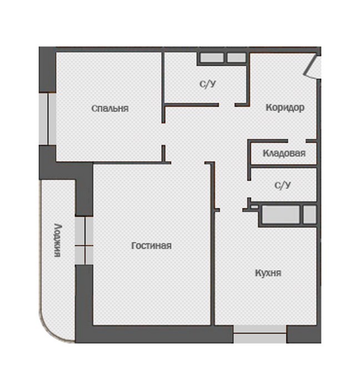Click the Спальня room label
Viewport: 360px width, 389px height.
tap(110, 109)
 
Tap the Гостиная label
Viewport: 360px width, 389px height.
tap(151, 246)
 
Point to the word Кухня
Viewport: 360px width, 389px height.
tap(268, 273)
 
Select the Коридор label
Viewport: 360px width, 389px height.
tap(285, 108)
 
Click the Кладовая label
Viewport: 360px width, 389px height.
tap(284, 153)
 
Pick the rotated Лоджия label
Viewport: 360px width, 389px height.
tap(58, 241)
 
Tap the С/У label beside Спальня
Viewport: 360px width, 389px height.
tap(208, 84)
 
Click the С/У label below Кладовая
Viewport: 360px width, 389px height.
tap(283, 185)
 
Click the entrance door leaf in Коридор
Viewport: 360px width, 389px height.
tap(310, 65)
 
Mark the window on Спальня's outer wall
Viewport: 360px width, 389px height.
tap(48, 119)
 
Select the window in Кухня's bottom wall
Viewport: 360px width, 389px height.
tap(260, 334)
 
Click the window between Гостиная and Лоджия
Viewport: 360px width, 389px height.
tap(84, 241)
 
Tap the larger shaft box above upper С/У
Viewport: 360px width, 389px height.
tap(212, 58)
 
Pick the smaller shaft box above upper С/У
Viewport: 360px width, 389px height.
tap(237, 58)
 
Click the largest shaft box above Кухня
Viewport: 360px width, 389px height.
tap(281, 215)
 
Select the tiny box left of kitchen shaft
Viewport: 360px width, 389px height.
tap(254, 206)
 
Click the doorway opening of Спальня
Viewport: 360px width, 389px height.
tap(163, 134)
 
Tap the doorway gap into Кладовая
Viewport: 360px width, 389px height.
tap(297, 141)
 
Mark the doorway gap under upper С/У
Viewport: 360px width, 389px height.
tap(227, 105)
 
